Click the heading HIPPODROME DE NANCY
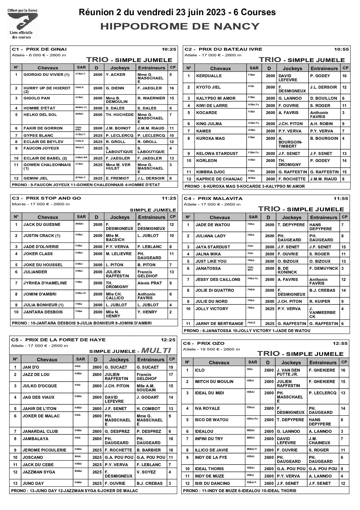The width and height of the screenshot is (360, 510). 180,26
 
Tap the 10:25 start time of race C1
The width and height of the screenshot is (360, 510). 169,49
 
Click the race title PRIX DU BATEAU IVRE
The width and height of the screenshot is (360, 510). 230,49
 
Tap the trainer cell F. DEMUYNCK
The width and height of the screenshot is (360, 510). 323,268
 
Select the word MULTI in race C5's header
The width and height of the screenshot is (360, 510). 156,351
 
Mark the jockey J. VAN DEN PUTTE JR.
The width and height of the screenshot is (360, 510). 288,372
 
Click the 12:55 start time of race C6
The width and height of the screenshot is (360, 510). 340,343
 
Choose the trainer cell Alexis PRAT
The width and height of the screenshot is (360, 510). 149,283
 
